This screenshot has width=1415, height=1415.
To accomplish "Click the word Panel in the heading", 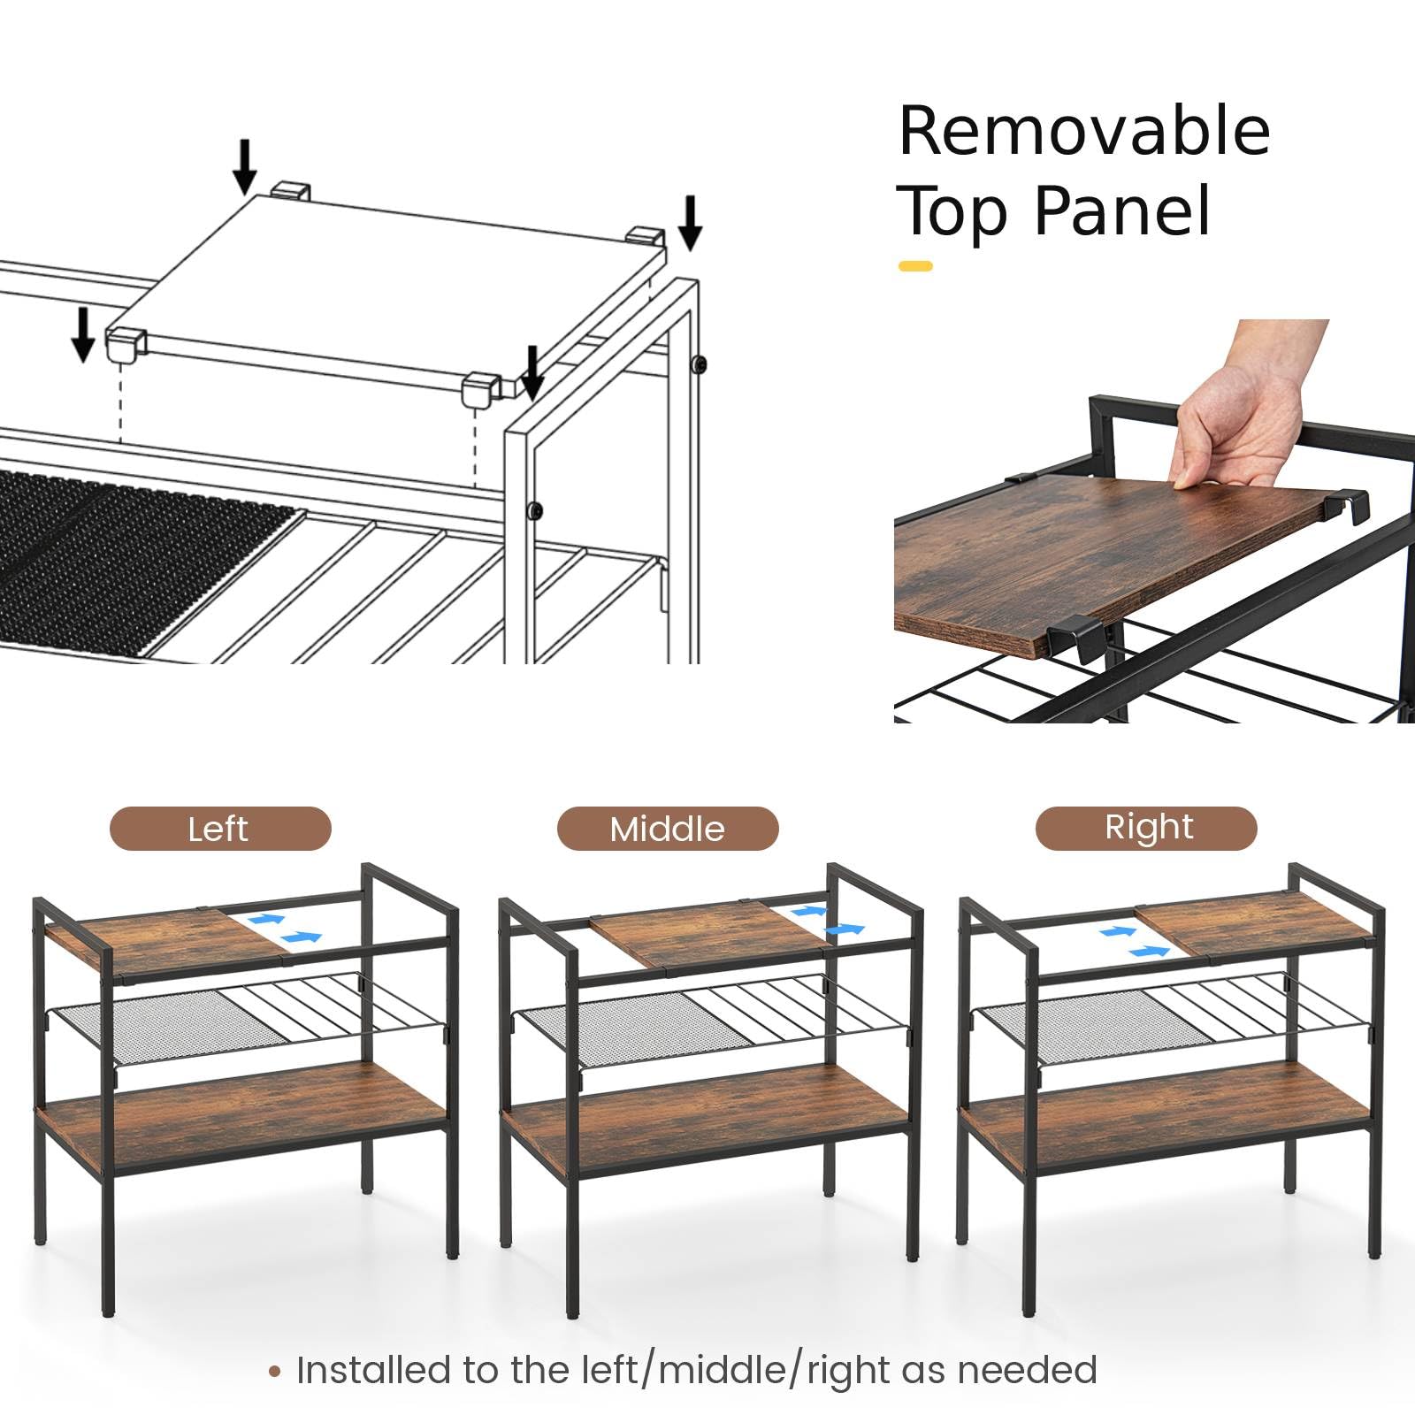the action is tap(1121, 211).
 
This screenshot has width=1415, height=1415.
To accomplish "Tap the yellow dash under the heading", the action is tap(915, 265).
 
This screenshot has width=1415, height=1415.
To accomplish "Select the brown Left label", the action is tap(220, 829).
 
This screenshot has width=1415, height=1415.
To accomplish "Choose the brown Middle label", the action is tap(668, 829).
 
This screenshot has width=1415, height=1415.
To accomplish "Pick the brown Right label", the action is tap(1146, 828).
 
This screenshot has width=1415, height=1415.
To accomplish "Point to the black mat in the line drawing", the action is tap(133, 562).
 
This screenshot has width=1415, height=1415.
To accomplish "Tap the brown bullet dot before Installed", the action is tap(275, 1372).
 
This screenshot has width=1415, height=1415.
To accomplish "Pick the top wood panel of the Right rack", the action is tap(1256, 924).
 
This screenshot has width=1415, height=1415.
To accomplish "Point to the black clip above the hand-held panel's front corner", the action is tap(1076, 639).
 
